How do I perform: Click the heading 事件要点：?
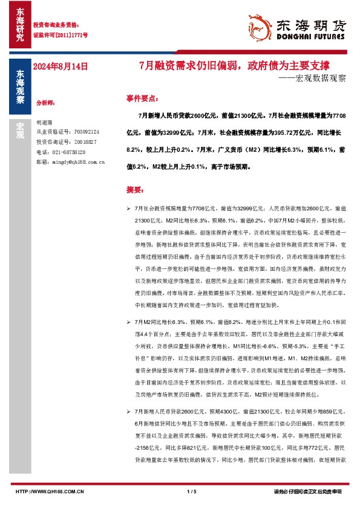(x=143, y=97)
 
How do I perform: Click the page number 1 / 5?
(x=193, y=491)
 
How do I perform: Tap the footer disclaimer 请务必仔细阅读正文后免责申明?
(x=307, y=491)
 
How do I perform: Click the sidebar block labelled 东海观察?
(x=19, y=87)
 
